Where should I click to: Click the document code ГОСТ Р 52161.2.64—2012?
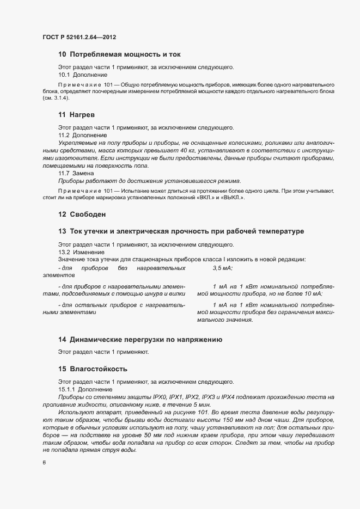pyautogui.click(x=80, y=38)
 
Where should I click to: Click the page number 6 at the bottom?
pyautogui.click(x=44, y=463)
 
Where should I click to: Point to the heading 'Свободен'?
pyautogui.click(x=82, y=214)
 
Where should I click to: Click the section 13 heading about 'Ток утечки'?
pyautogui.click(x=181, y=232)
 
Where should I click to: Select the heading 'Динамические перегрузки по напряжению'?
pyautogui.click(x=140, y=340)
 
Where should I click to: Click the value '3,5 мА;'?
pyautogui.click(x=223, y=268)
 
